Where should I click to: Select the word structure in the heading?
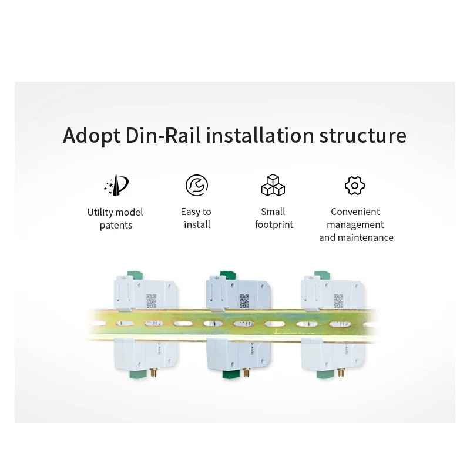[x=362, y=135]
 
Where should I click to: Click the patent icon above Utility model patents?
[x=116, y=186]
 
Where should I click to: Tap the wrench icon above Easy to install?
[x=196, y=185]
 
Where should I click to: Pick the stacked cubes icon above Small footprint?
[x=273, y=185]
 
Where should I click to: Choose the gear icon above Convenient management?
[x=355, y=186]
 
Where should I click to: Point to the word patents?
[x=116, y=225]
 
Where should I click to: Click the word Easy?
[x=189, y=211]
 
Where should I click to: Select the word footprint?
[x=274, y=224]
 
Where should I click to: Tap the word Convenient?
[x=355, y=211]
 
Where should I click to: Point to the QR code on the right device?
[x=339, y=300]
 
